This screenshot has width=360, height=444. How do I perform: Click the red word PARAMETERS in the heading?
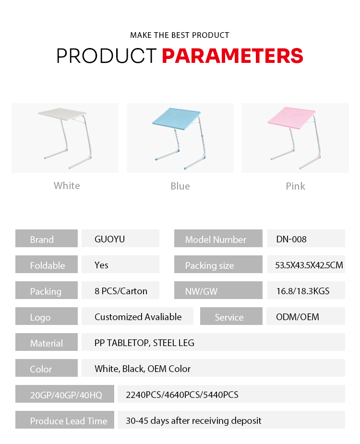[232, 56]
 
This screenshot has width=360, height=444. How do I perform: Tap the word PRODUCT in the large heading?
[107, 56]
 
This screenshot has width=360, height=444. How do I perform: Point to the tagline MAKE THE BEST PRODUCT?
[180, 35]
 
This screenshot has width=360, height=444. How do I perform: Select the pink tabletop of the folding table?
[291, 118]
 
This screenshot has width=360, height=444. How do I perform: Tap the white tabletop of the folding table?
[62, 114]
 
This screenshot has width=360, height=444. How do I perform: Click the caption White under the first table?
[67, 186]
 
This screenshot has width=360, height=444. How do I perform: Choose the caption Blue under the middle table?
[180, 186]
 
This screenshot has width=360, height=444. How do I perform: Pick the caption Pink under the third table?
[295, 186]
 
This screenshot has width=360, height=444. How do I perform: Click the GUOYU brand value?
[109, 239]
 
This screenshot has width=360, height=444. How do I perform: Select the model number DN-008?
[291, 239]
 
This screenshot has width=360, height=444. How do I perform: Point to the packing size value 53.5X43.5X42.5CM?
[309, 265]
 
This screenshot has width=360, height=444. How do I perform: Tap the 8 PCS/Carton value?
[121, 291]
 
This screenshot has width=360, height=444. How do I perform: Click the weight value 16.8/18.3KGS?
[303, 291]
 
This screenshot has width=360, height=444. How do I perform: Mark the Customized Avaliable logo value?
[138, 317]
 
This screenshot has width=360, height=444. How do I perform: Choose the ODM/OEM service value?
[298, 317]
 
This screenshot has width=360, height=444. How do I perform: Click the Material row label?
[47, 343]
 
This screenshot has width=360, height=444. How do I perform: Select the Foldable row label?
[48, 265]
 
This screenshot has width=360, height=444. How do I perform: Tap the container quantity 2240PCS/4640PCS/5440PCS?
[182, 395]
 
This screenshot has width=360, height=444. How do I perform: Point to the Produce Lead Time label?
[69, 421]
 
